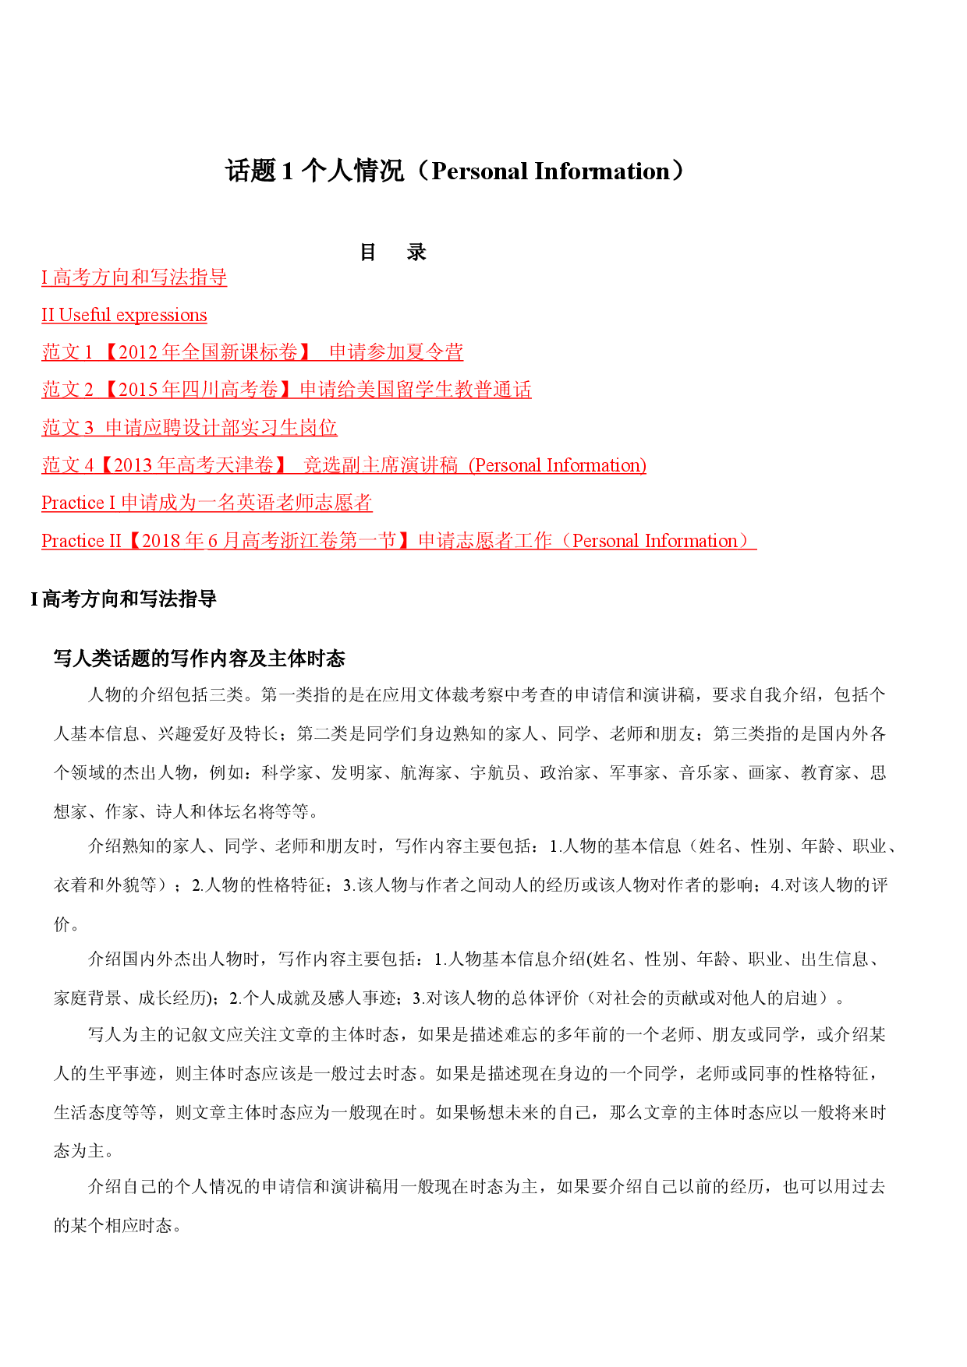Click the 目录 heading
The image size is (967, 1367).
tap(393, 252)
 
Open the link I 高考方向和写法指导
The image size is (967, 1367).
tap(134, 277)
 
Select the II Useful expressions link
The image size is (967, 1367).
tap(124, 315)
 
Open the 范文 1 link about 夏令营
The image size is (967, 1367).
tap(253, 352)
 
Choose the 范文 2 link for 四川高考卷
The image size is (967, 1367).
tap(286, 390)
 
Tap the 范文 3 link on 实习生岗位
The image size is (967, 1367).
tap(190, 427)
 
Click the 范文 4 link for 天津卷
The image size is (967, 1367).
tap(344, 465)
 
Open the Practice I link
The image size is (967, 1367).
tap(207, 503)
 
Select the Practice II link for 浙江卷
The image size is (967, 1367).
tap(399, 541)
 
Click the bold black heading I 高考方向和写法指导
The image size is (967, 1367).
tap(123, 599)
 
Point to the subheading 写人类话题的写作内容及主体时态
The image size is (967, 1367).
tap(199, 659)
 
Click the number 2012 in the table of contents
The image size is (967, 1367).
tap(138, 352)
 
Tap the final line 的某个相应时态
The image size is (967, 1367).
tap(113, 1225)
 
